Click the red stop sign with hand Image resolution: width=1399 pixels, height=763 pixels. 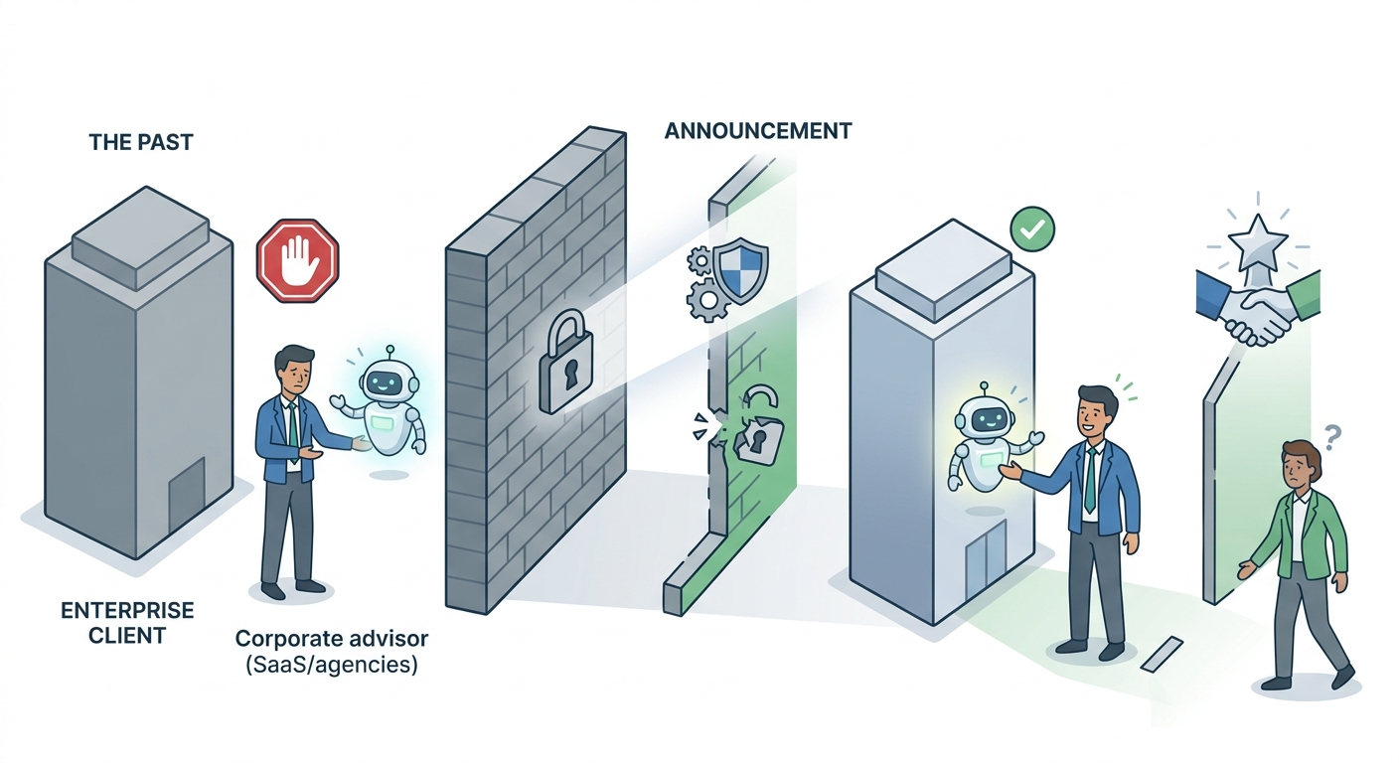(297, 260)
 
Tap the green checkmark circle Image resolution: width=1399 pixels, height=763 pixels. (1032, 229)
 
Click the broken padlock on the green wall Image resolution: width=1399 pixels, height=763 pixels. (758, 428)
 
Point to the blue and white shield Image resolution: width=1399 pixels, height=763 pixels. (740, 270)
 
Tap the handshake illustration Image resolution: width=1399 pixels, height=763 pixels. (1257, 309)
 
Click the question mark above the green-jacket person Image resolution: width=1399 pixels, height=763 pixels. (1331, 437)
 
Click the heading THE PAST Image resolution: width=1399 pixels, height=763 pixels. (141, 142)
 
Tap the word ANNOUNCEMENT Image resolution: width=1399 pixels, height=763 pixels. (757, 131)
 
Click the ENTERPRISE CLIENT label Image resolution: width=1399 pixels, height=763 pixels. (127, 623)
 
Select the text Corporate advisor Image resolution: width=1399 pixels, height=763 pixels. (332, 639)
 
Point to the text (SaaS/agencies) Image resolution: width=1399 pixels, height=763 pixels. (332, 665)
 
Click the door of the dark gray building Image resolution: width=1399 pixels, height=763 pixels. (187, 493)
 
